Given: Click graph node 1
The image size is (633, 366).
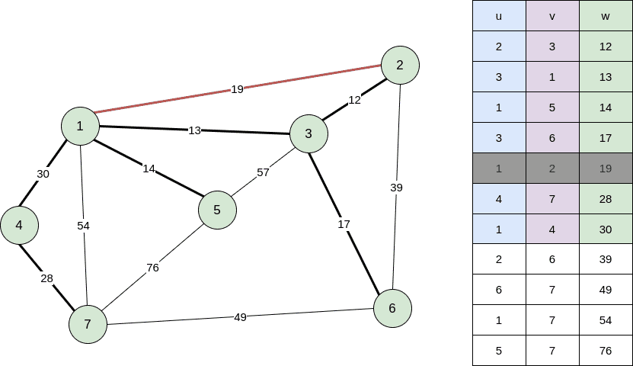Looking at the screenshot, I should pyautogui.click(x=80, y=126).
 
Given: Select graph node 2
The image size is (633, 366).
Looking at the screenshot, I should pyautogui.click(x=400, y=65).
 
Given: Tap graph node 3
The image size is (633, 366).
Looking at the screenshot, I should pyautogui.click(x=309, y=133).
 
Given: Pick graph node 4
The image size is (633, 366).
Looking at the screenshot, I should pyautogui.click(x=19, y=225).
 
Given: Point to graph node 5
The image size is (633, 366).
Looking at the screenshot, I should pyautogui.click(x=217, y=210).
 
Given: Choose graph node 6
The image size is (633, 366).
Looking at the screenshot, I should pyautogui.click(x=392, y=308).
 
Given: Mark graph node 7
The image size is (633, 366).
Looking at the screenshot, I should pyautogui.click(x=88, y=324).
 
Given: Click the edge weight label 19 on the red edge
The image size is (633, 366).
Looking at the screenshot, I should pyautogui.click(x=237, y=89).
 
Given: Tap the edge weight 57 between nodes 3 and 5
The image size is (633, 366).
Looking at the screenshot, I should pyautogui.click(x=263, y=172).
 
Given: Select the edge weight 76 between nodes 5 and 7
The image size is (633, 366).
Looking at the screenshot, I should pyautogui.click(x=152, y=268).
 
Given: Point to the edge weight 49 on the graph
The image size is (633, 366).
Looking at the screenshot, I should pyautogui.click(x=240, y=316).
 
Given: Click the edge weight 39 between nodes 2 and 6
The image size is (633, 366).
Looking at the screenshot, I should pyautogui.click(x=396, y=188).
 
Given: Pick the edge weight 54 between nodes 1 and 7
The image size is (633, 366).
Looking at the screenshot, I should pyautogui.click(x=84, y=226).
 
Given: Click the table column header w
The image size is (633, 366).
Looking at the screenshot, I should pyautogui.click(x=606, y=15).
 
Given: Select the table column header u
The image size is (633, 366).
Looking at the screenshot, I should pyautogui.click(x=499, y=15).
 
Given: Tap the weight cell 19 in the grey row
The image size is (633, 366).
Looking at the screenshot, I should pyautogui.click(x=606, y=168).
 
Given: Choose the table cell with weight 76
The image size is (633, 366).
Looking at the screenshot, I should pyautogui.click(x=606, y=351).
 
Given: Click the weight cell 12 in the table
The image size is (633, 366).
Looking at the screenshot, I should pyautogui.click(x=606, y=46).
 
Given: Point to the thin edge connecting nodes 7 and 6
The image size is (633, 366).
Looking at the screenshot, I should pyautogui.click(x=305, y=313).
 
